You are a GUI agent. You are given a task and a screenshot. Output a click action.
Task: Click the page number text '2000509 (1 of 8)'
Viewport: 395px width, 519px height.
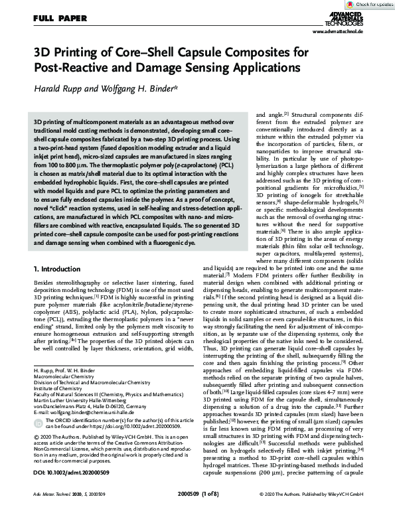point(198,513)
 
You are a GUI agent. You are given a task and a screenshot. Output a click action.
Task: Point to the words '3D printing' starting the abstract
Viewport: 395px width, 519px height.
point(48,123)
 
